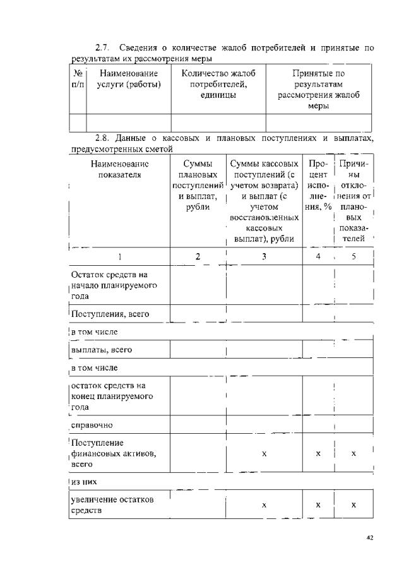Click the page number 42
click(370, 538)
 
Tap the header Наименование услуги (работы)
click(128, 79)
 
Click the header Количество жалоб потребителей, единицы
click(218, 84)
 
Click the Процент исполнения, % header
click(318, 186)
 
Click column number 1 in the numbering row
click(119, 256)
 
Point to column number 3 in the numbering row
click(264, 256)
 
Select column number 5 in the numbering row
click(353, 256)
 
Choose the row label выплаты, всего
click(101, 349)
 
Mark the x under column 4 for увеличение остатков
click(318, 505)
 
